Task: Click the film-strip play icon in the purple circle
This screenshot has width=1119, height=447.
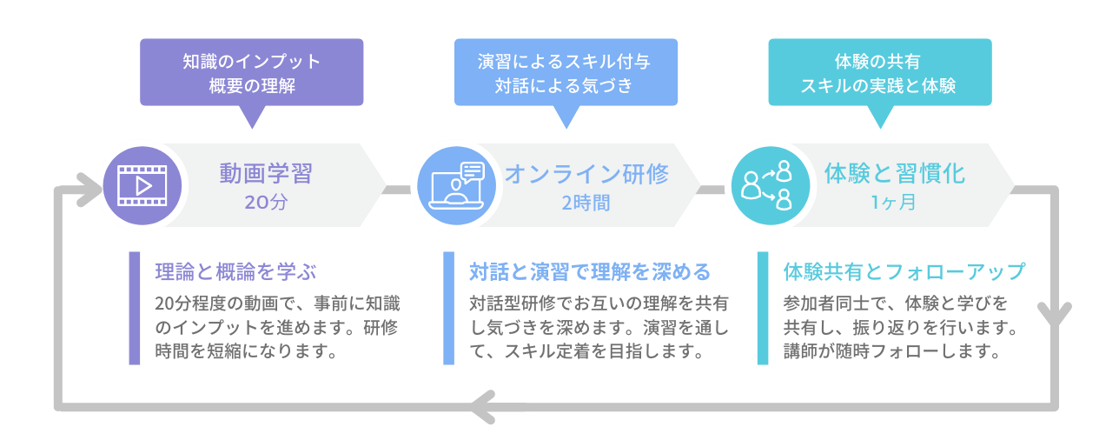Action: (142, 185)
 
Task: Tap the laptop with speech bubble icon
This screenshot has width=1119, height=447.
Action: (455, 185)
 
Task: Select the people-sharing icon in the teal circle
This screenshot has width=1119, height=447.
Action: (769, 185)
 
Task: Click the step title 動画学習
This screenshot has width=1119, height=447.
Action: (265, 173)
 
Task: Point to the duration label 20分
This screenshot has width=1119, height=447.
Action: (265, 203)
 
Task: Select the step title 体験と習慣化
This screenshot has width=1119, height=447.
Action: (894, 173)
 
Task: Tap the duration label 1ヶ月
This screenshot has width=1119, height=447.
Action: (894, 203)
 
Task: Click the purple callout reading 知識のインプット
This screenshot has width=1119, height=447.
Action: (252, 73)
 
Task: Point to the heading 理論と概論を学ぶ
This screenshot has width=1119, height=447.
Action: (229, 270)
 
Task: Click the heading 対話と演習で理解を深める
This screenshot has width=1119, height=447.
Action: (589, 270)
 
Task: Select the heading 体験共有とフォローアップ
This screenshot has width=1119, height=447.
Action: (904, 270)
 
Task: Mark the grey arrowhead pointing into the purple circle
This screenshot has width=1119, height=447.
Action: (88, 189)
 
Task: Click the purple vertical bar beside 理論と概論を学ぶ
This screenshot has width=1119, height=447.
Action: (135, 308)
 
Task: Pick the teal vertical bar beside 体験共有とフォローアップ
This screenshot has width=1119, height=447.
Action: (763, 308)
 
